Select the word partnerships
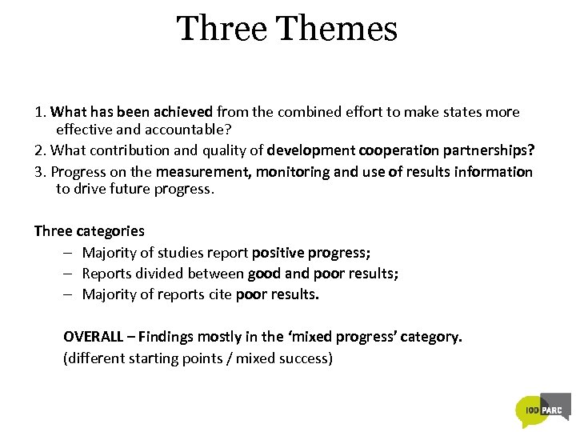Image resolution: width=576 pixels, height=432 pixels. [x=488, y=150]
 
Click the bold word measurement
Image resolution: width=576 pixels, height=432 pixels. [x=203, y=172]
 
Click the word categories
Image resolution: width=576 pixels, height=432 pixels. [x=110, y=231]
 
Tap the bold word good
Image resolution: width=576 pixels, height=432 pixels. [x=264, y=274]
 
